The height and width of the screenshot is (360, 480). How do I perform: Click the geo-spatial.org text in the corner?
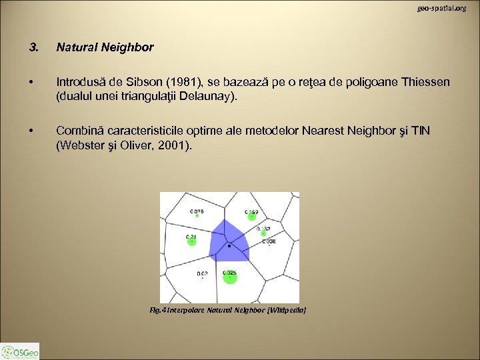click(x=442, y=8)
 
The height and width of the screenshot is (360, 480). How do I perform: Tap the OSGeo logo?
click(x=20, y=351)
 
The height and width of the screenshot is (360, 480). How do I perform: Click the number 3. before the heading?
click(x=34, y=47)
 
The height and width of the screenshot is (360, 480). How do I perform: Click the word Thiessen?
click(x=427, y=82)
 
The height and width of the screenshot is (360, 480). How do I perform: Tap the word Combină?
click(x=80, y=130)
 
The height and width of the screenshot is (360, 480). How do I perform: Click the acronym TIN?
click(x=420, y=130)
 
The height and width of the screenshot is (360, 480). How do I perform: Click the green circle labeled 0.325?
click(x=230, y=279)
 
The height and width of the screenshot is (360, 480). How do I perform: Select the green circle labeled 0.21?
click(x=191, y=241)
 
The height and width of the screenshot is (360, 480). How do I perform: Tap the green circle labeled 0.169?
click(x=252, y=215)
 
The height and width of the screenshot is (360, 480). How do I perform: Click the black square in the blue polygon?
click(x=229, y=246)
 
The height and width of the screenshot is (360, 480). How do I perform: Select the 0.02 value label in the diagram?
click(x=202, y=273)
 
